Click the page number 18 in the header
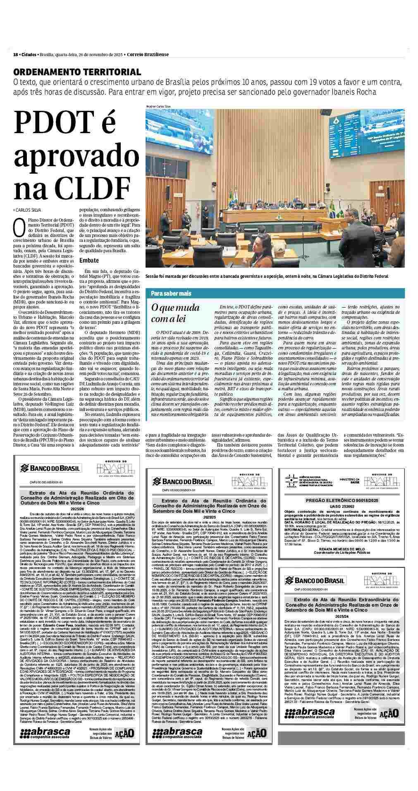pos(15,55)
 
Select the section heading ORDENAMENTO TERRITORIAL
pos(77,72)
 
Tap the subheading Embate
pos(89,260)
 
